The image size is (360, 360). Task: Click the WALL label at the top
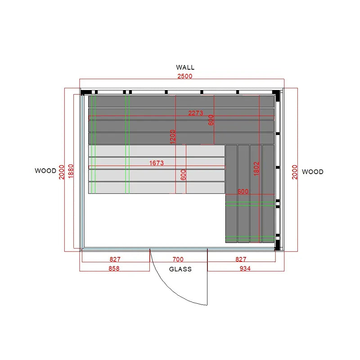pos(185,67)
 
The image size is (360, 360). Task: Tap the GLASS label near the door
pos(180,269)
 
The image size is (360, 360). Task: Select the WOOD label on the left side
pos(45,171)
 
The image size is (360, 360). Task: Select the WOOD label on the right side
pos(312,172)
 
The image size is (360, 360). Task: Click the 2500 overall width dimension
pos(185,76)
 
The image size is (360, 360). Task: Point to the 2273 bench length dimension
pos(196,113)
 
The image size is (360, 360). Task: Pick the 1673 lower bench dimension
pos(157,163)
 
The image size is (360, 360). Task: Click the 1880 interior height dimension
pos(71,171)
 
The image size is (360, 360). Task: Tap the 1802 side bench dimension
pos(256,169)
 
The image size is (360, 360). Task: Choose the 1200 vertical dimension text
pos(173,137)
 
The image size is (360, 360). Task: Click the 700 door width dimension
pos(178,259)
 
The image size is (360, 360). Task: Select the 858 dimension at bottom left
pos(114,268)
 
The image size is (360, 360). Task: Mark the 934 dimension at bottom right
pos(245,268)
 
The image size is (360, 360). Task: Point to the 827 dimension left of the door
pos(115,259)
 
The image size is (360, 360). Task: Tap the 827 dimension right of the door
pos(241,259)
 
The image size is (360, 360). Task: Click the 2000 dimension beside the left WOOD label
pos(62,172)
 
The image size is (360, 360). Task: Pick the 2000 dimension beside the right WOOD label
pos(295,172)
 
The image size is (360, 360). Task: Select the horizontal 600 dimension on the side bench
pos(243,191)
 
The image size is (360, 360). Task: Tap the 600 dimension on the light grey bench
pos(183,175)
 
